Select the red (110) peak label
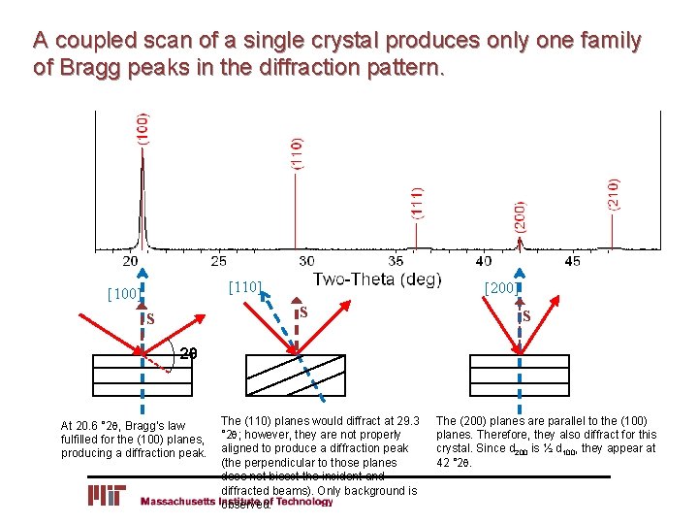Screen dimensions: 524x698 click(297, 152)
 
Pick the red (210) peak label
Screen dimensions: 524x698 click(613, 196)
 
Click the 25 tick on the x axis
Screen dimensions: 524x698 click(219, 261)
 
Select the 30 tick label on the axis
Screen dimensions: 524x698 click(305, 261)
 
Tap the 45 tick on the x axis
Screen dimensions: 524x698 click(571, 261)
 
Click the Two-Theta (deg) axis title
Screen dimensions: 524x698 click(377, 279)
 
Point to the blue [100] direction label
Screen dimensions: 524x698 click(123, 293)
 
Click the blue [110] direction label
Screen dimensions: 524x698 click(245, 286)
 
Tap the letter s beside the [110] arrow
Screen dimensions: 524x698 click(302, 311)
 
